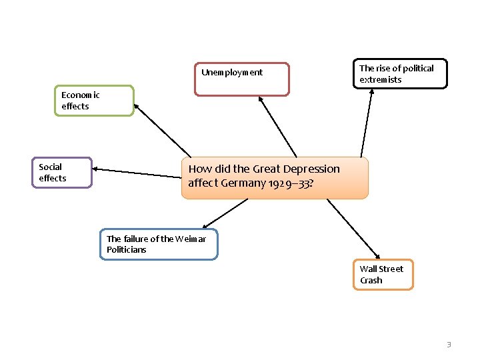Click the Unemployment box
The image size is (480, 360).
point(242,79)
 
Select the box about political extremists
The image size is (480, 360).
point(399,74)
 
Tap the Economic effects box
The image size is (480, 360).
point(94,101)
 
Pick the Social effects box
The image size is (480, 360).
point(62,173)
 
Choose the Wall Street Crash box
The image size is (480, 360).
point(383,275)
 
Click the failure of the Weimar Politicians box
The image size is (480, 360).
point(159,244)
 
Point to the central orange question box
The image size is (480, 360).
point(274,177)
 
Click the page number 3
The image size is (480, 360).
point(449,345)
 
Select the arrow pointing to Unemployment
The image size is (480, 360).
point(277,127)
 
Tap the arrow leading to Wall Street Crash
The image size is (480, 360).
point(353,229)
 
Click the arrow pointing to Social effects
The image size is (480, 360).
point(137,173)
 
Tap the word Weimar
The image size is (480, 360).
point(191,239)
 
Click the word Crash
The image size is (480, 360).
point(371,281)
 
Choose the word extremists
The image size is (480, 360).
point(381,80)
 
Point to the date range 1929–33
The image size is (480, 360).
point(289,183)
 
